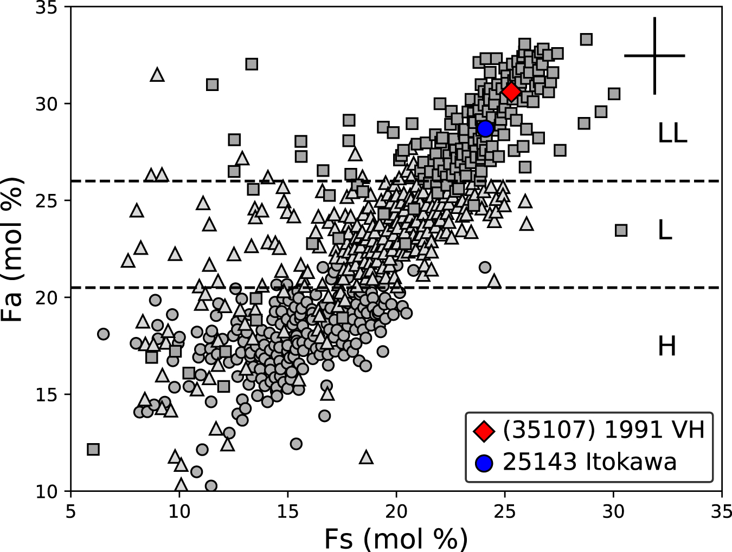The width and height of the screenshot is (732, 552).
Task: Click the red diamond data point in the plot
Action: [511, 92]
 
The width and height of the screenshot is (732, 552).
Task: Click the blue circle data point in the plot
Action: [485, 128]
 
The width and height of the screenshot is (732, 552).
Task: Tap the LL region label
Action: [672, 133]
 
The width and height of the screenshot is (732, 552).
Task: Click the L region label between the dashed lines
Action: [665, 231]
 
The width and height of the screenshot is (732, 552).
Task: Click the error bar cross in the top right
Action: [655, 55]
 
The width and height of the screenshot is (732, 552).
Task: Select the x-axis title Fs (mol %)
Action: [396, 539]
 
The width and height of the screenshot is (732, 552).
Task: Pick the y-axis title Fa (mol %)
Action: [14, 249]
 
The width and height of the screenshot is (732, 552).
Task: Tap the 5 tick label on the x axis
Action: [70, 511]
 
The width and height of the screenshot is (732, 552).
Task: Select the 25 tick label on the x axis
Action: [505, 511]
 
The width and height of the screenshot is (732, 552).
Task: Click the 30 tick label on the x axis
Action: [613, 511]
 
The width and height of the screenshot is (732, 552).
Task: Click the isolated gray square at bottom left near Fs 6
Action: [93, 449]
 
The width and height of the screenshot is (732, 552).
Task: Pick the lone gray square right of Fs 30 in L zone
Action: [621, 230]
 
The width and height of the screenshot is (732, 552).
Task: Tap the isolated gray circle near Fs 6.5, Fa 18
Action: [103, 334]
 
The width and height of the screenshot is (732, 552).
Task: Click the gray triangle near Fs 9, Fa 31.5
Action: [157, 75]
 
